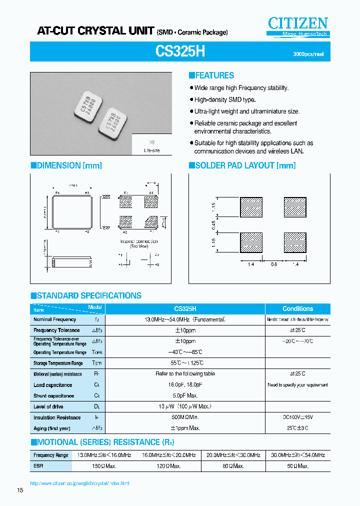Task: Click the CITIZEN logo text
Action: pos(298,23)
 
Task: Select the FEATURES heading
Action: pos(211,75)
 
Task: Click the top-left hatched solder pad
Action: pos(251,206)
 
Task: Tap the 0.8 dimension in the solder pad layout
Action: pos(273,264)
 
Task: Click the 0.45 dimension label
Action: pos(214,225)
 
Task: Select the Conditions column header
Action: pos(297,309)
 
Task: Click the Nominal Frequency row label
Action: pos(55,319)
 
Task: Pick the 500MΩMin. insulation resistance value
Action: pos(184,417)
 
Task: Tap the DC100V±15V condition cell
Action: pos(297,417)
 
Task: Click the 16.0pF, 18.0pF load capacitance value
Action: pos(184,385)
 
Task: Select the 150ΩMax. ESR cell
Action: pos(104,466)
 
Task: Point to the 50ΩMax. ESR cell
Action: pos(297,466)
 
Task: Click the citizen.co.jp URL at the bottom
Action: pos(79,483)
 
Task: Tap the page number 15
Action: pos(20,490)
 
